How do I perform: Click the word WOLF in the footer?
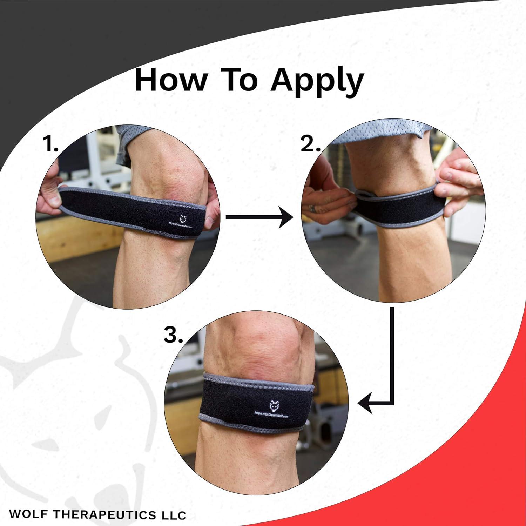[29, 514]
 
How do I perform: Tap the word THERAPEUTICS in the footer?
[103, 514]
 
